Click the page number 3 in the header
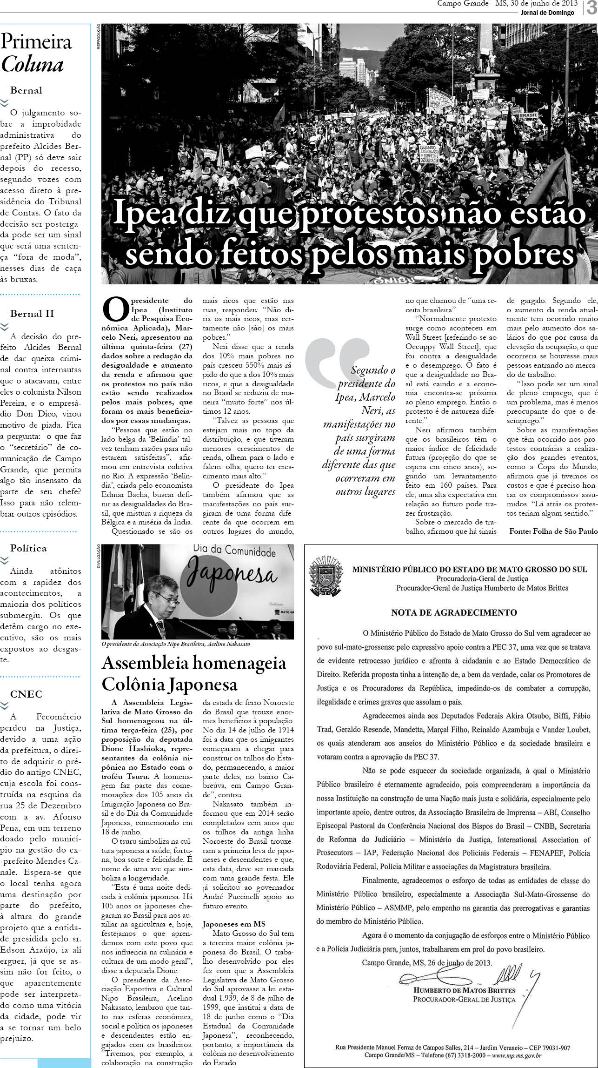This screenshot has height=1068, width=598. (x=591, y=8)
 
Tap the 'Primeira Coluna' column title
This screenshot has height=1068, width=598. (x=36, y=53)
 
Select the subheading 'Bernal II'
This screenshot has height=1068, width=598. (x=32, y=314)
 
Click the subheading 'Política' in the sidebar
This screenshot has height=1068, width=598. (x=28, y=548)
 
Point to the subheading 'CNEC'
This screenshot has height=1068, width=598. (x=26, y=694)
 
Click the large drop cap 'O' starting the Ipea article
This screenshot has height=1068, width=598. (x=115, y=310)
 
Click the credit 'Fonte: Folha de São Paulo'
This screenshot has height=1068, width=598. (x=553, y=531)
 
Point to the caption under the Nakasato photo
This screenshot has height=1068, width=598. (x=176, y=644)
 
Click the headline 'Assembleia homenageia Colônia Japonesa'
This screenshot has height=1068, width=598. (x=194, y=673)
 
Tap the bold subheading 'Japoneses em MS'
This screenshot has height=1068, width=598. (x=234, y=924)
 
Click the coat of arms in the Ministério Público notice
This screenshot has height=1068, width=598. (x=325, y=574)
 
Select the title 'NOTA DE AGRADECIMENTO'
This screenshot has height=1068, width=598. (x=454, y=612)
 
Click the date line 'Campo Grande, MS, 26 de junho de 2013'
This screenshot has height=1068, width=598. (x=426, y=962)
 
